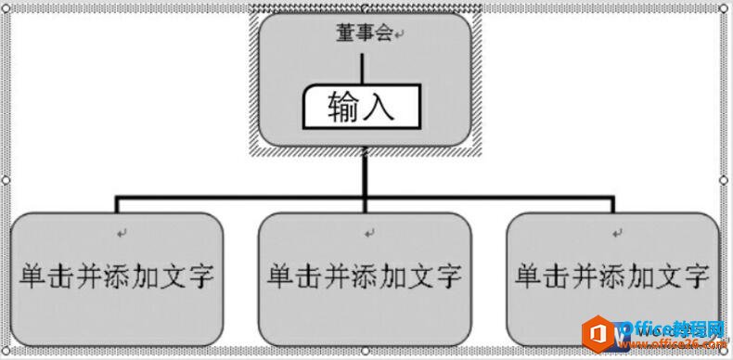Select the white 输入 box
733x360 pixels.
(x=362, y=108)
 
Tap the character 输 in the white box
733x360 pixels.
(x=344, y=109)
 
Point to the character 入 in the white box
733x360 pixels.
(x=379, y=109)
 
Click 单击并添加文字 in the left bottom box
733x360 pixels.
(x=118, y=276)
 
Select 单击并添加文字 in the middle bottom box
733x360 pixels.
(x=365, y=276)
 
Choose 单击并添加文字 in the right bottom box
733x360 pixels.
(x=612, y=276)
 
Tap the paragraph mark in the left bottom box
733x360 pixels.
(x=121, y=232)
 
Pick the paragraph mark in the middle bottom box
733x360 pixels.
(x=368, y=232)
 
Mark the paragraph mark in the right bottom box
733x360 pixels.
(x=615, y=232)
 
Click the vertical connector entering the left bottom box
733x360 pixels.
(x=117, y=206)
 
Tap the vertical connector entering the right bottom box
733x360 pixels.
(x=612, y=206)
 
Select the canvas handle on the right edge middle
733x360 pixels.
(x=726, y=180)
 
